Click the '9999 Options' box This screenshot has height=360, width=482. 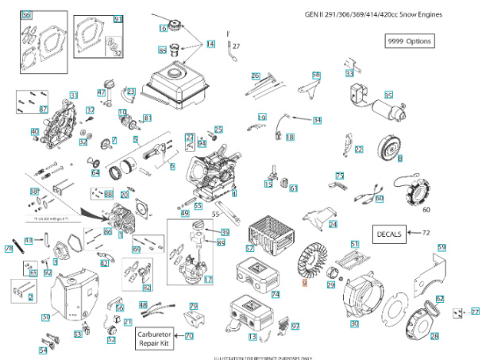[410, 41]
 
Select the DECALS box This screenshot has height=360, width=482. [388, 233]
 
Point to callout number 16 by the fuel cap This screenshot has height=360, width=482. [163, 28]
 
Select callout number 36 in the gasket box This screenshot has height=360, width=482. [27, 16]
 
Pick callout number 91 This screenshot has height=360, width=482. [118, 19]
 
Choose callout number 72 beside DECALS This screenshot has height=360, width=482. [426, 233]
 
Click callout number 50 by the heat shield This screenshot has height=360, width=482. [46, 317]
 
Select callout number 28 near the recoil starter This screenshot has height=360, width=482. [434, 336]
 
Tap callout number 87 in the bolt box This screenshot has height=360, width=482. [44, 109]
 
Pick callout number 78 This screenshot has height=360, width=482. [9, 249]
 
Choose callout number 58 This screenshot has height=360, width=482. [316, 75]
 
